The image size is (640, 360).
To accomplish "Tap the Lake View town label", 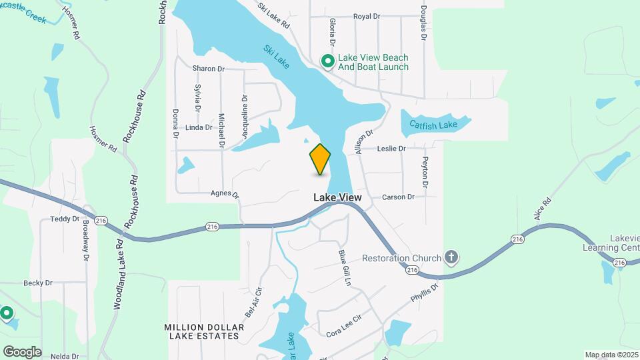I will tap(337, 198).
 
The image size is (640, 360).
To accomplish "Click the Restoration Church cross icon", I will tap(451, 258).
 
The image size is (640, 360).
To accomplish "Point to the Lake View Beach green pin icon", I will tap(327, 62).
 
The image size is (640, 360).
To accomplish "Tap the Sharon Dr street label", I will tap(208, 69).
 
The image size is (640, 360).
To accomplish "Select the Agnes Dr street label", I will tap(225, 194).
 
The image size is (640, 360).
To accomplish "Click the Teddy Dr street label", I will tap(65, 219).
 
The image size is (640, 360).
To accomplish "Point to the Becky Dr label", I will tap(38, 283).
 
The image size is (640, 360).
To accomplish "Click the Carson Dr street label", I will tap(398, 197).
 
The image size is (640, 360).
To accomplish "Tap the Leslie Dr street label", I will tap(391, 149).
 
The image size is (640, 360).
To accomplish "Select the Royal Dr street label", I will tap(366, 17).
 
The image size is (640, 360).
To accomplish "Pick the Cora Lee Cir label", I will tap(343, 325).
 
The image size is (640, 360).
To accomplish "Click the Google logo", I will tap(22, 351).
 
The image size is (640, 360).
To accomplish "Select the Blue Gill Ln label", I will tap(344, 267).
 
